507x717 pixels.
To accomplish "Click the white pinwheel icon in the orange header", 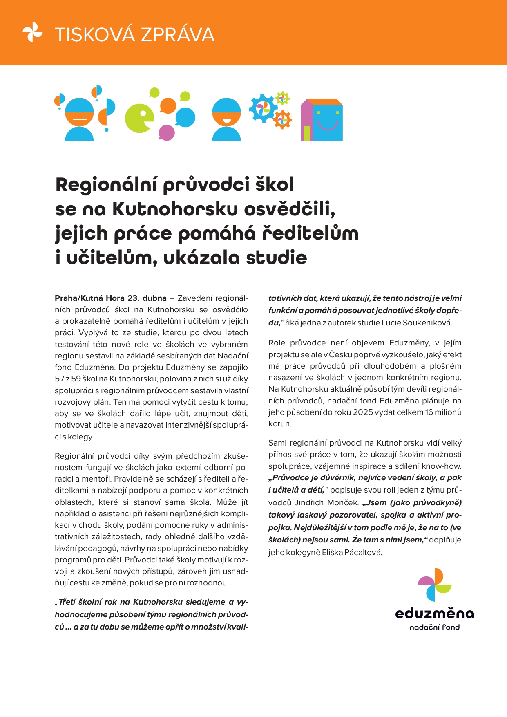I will (x=32, y=32).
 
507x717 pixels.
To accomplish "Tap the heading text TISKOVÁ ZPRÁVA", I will (x=134, y=35).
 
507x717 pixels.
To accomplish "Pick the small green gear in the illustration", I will (x=282, y=98).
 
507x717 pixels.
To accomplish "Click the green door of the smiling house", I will (x=306, y=133).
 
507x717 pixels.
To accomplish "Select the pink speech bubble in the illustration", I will (x=166, y=132).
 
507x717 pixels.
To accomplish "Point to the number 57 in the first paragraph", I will (x=60, y=379).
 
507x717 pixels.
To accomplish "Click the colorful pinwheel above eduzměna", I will (x=435, y=585).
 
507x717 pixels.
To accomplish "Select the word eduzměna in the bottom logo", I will (x=435, y=614).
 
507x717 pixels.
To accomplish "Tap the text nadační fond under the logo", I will (x=435, y=627).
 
